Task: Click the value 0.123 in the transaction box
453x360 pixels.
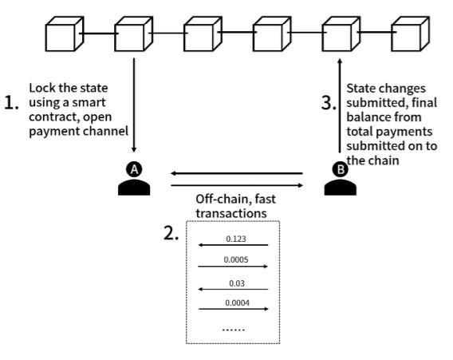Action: coord(236,239)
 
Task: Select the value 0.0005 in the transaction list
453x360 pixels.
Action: coord(236,259)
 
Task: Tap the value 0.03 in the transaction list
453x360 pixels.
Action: coord(237,283)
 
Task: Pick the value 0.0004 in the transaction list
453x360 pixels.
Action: coord(237,303)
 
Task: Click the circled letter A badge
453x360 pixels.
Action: coord(134,169)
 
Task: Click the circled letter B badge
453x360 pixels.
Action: coord(341,169)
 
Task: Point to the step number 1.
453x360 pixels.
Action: coord(11,103)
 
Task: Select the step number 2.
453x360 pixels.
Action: coord(171,233)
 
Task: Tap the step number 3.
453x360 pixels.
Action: coord(329,103)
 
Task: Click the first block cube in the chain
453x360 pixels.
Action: coord(65,34)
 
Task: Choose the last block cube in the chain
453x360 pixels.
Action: coord(410,34)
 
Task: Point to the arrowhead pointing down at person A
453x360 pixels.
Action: coord(134,149)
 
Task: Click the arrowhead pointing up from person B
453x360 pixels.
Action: coord(340,61)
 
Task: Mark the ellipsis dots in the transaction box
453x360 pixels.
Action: coord(234,330)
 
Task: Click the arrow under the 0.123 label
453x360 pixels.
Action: coord(233,245)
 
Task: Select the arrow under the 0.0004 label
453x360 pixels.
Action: coord(234,309)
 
